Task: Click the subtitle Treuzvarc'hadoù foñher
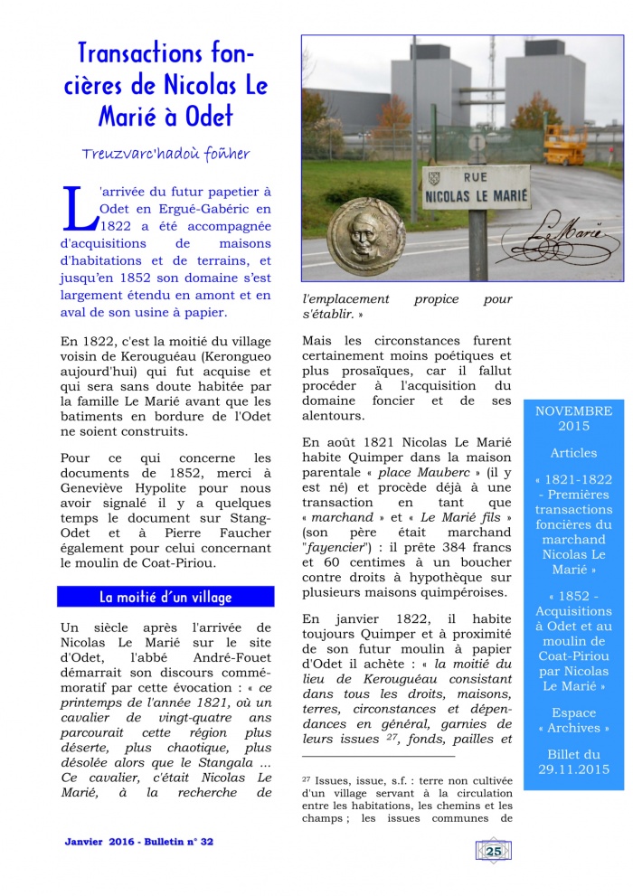pos(165,153)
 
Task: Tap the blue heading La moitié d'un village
pos(165,597)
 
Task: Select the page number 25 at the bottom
pos(494,850)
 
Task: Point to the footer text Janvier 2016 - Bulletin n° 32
pos(139,842)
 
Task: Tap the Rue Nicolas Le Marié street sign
pos(475,186)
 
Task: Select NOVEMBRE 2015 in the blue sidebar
pos(573,418)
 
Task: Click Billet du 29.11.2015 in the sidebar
pos(573,761)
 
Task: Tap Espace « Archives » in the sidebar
pos(573,720)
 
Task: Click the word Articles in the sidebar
pos(573,452)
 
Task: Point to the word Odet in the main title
pos(209,116)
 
